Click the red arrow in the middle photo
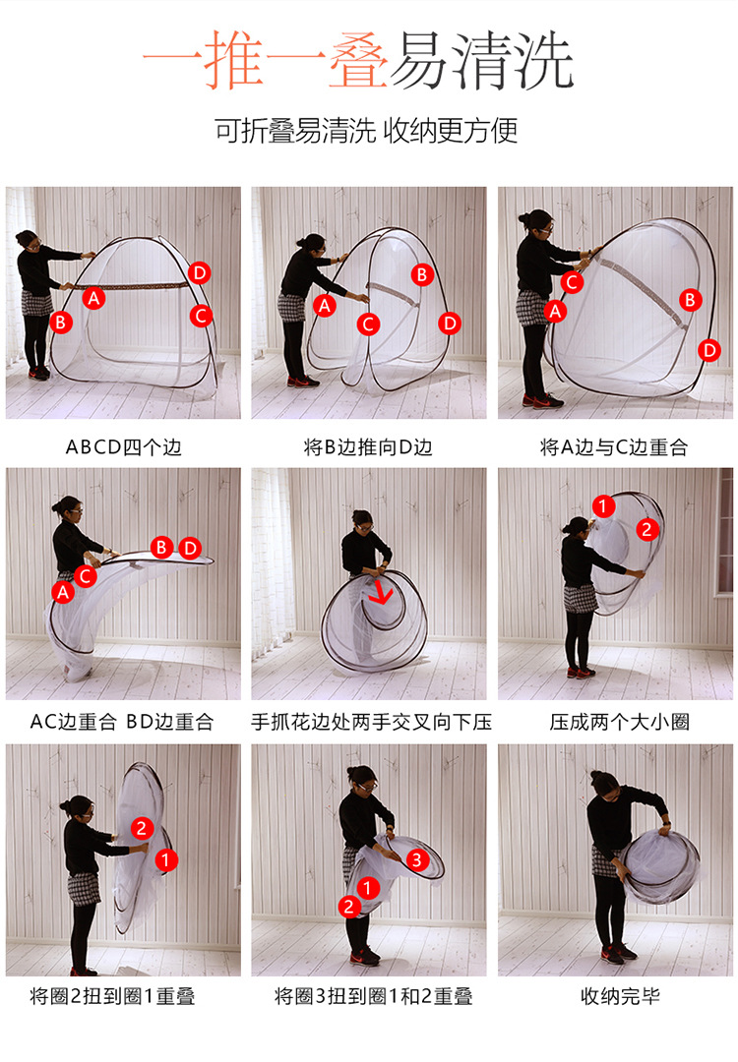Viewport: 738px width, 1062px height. click(x=381, y=593)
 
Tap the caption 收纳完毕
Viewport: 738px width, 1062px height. click(x=620, y=995)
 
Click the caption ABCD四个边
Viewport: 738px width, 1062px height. click(x=123, y=447)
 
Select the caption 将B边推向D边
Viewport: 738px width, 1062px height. click(x=368, y=447)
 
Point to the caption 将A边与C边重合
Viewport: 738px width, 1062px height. click(x=614, y=447)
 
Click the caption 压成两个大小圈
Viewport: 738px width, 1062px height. click(x=619, y=722)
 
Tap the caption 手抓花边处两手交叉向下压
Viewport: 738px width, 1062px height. click(x=371, y=722)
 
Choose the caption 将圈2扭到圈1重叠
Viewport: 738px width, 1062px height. click(x=112, y=995)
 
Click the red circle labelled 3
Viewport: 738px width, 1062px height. click(x=417, y=860)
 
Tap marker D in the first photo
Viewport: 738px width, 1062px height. click(x=199, y=273)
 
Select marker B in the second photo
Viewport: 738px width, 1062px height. click(x=422, y=274)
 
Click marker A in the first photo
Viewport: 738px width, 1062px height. click(x=94, y=297)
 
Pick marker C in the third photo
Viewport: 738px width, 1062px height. click(x=572, y=282)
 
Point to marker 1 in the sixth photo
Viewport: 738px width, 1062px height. click(x=603, y=505)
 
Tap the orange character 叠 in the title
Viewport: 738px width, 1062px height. click(x=358, y=61)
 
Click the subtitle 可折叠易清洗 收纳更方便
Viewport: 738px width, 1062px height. click(x=367, y=130)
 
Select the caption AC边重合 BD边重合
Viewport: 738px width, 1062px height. click(x=122, y=722)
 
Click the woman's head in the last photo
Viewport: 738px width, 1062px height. click(x=604, y=784)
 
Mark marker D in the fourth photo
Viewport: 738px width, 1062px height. click(x=191, y=548)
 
